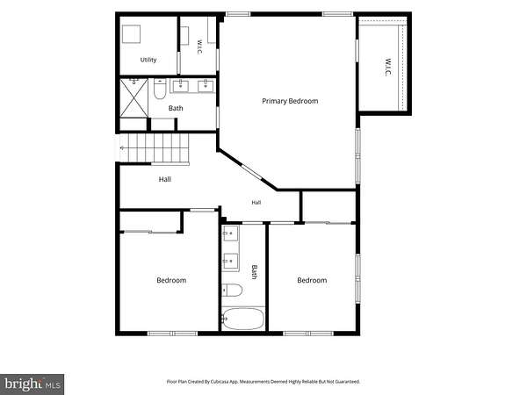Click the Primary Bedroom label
290,101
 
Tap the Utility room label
148,60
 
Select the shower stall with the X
134,98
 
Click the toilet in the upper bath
160,89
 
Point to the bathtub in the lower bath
243,319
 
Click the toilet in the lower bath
232,291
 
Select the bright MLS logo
32,384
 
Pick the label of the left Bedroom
171,280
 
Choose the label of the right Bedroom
312,280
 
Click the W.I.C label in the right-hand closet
388,67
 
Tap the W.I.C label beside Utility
199,47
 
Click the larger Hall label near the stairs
165,179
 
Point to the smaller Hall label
256,202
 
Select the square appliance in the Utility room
131,34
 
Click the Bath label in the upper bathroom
176,108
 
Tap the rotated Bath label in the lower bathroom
255,272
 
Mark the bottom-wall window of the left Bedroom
172,334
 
